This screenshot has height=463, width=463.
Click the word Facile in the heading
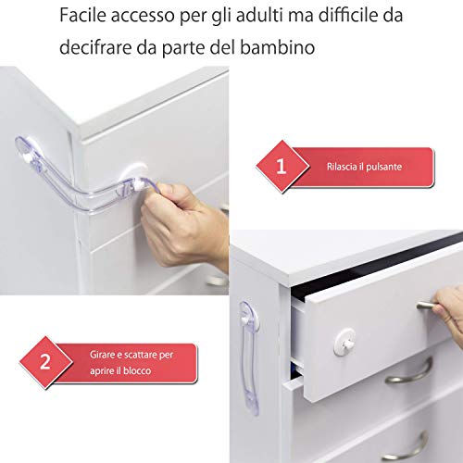[82, 16]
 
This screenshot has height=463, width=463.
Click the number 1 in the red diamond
[281, 167]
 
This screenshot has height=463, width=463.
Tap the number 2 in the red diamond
[45, 362]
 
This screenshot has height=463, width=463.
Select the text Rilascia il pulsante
[364, 167]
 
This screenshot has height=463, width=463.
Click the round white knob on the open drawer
[344, 342]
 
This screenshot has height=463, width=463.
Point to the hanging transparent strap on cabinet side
[249, 358]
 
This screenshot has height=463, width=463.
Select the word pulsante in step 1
[383, 167]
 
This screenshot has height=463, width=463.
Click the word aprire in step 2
[101, 371]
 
